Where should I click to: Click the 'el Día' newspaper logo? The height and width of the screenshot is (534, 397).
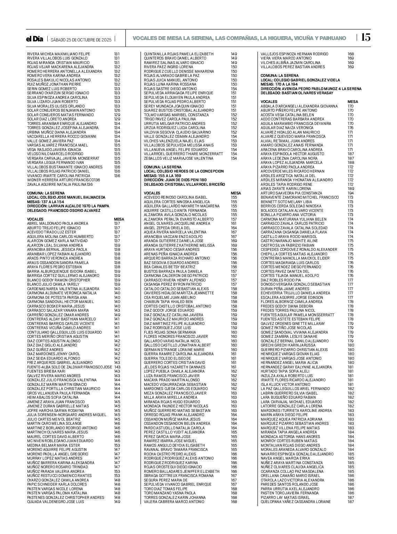pos(35,39)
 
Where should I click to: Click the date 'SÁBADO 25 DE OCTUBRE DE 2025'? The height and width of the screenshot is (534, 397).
pos(81,40)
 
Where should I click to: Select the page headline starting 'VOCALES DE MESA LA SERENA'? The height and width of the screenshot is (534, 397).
pos(240,38)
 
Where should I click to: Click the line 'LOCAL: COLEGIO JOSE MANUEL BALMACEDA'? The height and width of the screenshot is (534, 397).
pos(66,197)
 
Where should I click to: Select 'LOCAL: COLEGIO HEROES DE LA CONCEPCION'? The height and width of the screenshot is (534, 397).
pos(184,171)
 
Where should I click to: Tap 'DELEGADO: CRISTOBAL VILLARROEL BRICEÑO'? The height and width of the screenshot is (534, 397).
pos(184,184)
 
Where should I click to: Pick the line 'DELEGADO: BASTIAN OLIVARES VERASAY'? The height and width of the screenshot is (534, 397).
pos(297,93)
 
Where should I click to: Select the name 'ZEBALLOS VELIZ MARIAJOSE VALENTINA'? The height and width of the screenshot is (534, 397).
pos(179,158)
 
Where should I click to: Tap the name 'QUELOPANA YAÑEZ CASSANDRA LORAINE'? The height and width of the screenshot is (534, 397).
pos(295,502)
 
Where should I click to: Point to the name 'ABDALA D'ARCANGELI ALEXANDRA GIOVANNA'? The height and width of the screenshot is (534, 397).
pos(299,106)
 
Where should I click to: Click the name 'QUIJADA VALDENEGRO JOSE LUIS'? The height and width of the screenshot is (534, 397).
pos(55,502)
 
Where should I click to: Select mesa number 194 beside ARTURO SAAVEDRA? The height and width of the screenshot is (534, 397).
pos(350,193)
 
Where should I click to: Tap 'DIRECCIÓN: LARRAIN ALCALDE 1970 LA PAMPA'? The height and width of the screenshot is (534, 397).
pos(68,206)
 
